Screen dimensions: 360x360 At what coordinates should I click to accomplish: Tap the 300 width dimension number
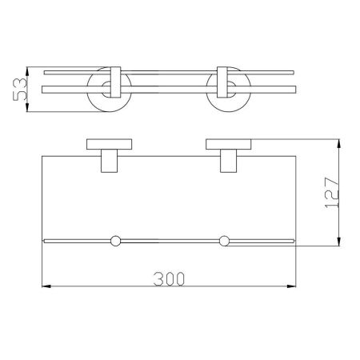(x=170, y=278)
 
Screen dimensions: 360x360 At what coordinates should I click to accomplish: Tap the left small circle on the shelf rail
(x=115, y=239)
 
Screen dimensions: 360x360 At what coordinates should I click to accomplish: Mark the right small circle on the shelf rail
(x=225, y=239)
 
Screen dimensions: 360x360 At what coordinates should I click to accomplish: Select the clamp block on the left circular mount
(x=114, y=79)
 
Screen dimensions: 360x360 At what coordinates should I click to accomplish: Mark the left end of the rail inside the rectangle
(x=44, y=238)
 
